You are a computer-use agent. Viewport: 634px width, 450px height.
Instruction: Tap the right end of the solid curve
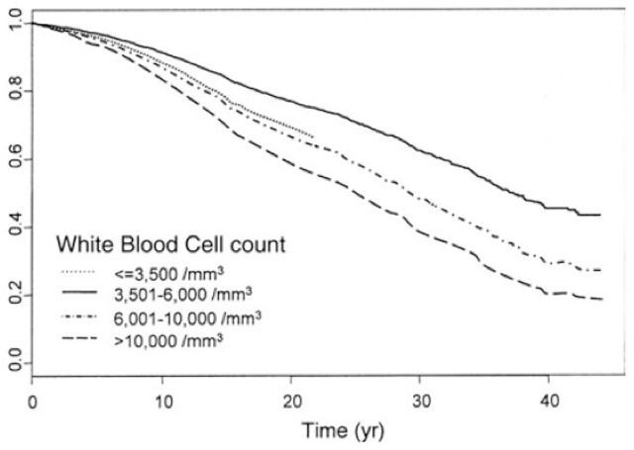tap(601, 215)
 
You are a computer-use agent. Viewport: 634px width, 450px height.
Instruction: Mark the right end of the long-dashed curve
tap(602, 300)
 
